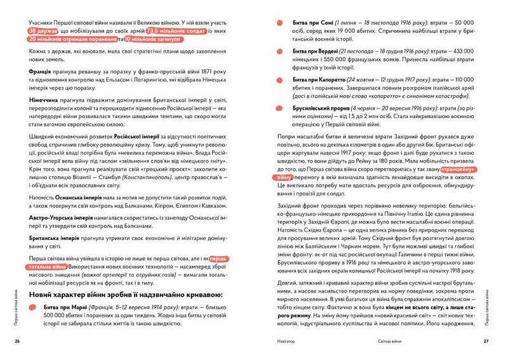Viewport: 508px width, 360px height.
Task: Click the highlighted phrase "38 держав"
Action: [x=45, y=30]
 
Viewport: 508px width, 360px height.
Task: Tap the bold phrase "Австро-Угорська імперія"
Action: [x=62, y=217]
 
